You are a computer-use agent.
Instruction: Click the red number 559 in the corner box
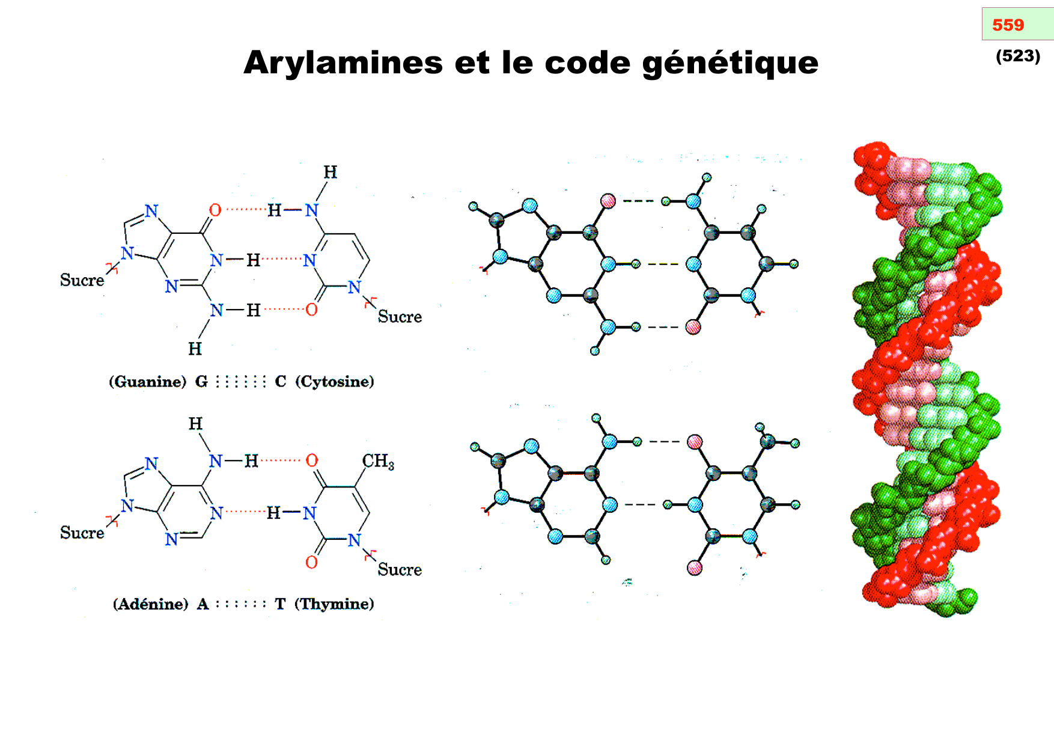(x=1008, y=25)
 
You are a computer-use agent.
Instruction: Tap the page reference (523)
(x=1017, y=56)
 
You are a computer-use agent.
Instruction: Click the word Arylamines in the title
(x=343, y=63)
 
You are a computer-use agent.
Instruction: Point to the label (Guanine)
(x=148, y=382)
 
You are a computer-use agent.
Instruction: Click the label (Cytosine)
(x=334, y=382)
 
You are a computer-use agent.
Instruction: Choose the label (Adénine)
(x=151, y=604)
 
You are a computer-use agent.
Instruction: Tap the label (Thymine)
(x=334, y=604)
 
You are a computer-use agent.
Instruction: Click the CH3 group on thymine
(x=378, y=461)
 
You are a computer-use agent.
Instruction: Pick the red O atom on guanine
(x=215, y=210)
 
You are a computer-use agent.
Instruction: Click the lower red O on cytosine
(x=311, y=310)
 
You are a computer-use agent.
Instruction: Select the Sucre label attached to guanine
(x=82, y=280)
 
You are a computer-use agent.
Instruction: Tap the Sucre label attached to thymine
(x=400, y=569)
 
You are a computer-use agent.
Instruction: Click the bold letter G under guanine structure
(x=201, y=382)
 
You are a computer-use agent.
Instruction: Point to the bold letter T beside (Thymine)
(x=280, y=604)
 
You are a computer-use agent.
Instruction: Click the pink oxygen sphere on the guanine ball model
(x=608, y=201)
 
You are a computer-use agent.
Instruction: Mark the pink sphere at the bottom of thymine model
(x=695, y=567)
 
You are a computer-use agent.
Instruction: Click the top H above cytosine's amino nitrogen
(x=331, y=173)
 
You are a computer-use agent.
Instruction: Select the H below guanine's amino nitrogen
(x=195, y=349)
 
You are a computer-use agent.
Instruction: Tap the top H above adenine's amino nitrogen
(x=195, y=424)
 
